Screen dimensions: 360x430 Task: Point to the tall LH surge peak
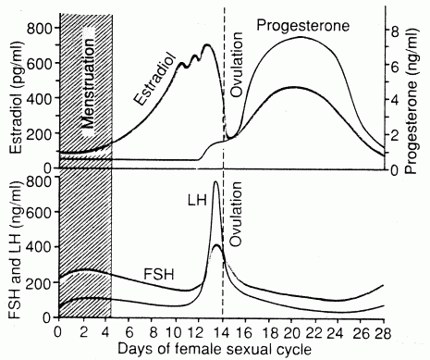click(x=216, y=182)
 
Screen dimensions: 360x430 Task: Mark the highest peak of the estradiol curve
click(x=206, y=44)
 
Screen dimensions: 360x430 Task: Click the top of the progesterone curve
click(x=301, y=37)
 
